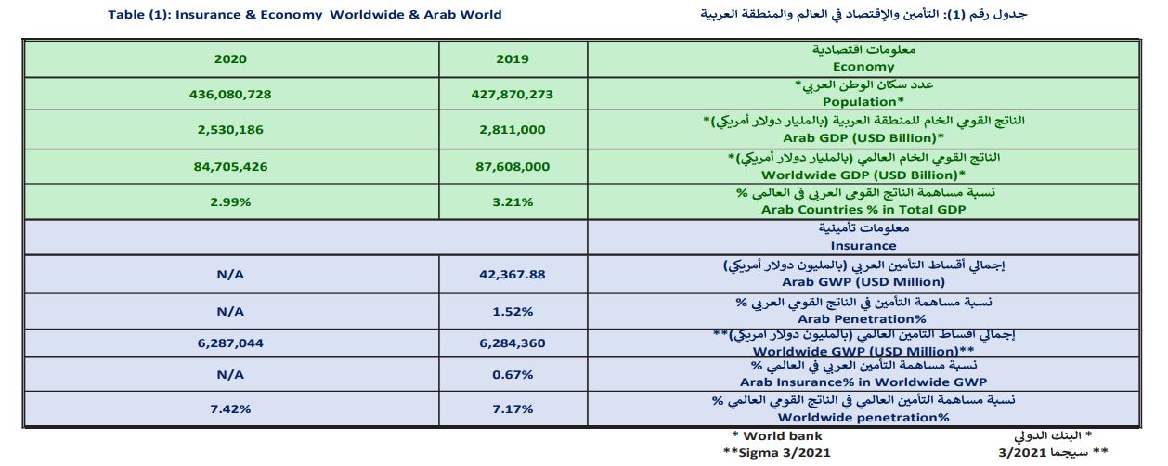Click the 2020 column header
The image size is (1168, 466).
click(x=230, y=58)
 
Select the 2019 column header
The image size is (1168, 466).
click(x=513, y=58)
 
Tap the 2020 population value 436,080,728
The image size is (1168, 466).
click(x=230, y=94)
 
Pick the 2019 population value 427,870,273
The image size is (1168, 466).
click(x=513, y=94)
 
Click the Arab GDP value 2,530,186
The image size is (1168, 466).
click(x=230, y=130)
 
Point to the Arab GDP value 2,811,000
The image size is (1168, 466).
click(x=513, y=130)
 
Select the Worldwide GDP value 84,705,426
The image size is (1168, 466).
click(x=230, y=167)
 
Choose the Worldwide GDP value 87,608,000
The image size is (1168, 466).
click(x=513, y=167)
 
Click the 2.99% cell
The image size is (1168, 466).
click(x=230, y=201)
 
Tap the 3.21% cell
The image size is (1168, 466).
click(x=513, y=201)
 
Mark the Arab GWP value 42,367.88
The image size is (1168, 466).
click(x=513, y=274)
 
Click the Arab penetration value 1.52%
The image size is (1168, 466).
click(x=513, y=310)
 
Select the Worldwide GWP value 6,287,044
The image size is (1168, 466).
click(x=230, y=343)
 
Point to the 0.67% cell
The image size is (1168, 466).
click(x=513, y=375)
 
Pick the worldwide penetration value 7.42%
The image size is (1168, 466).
click(x=230, y=408)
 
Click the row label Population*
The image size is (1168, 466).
click(x=863, y=101)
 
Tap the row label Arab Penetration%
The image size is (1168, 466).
click(x=863, y=317)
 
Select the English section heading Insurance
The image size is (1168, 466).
click(x=863, y=246)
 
